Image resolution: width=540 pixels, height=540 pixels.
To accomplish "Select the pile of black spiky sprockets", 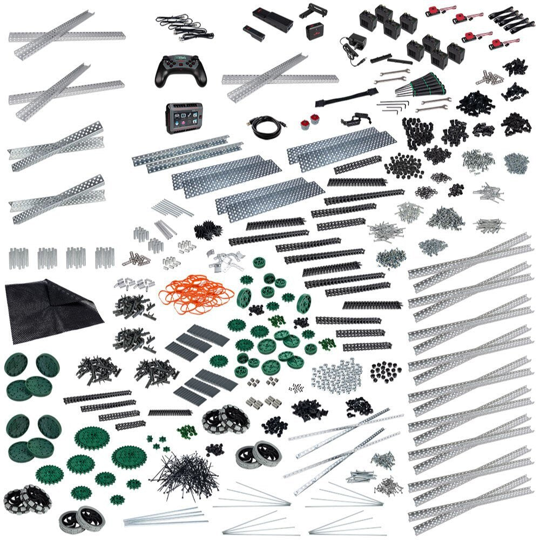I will tap(206, 230).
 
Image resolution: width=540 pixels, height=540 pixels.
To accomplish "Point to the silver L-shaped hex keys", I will tap(391, 106).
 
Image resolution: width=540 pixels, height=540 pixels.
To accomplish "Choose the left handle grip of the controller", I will tap(159, 79).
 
